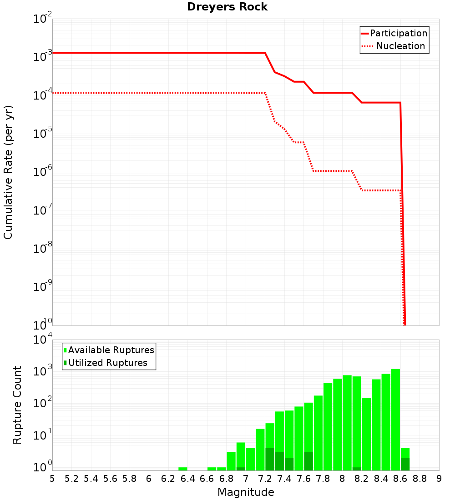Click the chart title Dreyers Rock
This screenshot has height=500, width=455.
tap(227, 7)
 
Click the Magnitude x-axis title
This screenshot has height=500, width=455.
tap(246, 492)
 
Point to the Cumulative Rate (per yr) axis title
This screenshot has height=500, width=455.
tap(8, 172)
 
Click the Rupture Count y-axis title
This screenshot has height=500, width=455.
tap(17, 405)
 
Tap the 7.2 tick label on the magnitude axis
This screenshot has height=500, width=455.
tap(265, 479)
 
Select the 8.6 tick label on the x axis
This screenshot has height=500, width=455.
tap(400, 479)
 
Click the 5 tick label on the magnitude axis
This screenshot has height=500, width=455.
tap(52, 479)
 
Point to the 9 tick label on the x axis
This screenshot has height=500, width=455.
tap(439, 479)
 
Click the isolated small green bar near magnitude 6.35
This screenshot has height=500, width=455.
tap(182, 469)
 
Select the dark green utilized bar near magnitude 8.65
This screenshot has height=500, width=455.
tap(405, 464)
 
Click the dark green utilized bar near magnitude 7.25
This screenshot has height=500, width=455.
tap(270, 459)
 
